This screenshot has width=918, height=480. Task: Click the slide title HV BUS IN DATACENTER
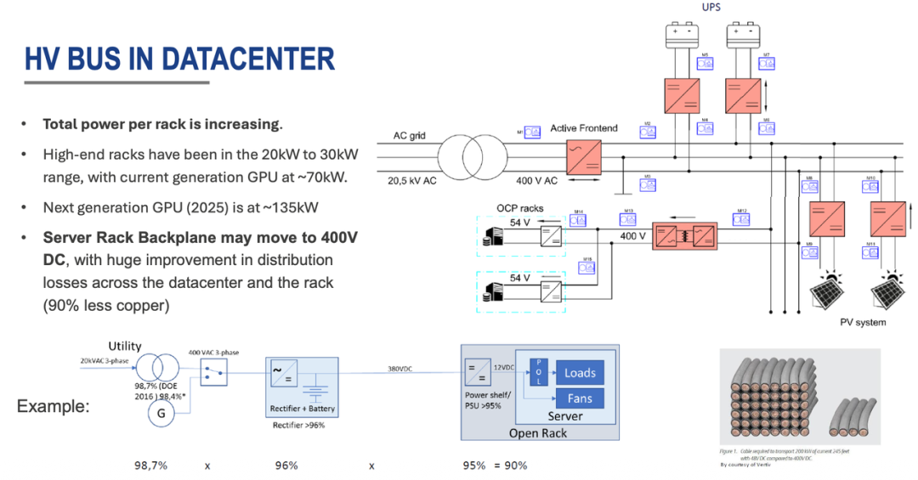(179, 59)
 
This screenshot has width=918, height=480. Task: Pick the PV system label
(862, 322)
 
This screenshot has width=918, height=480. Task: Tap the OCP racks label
(519, 209)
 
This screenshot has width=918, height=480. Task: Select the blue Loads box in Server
(580, 373)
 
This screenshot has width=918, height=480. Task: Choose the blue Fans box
(580, 398)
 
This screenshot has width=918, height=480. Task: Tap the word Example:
(53, 406)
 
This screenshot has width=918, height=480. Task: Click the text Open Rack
(539, 433)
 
